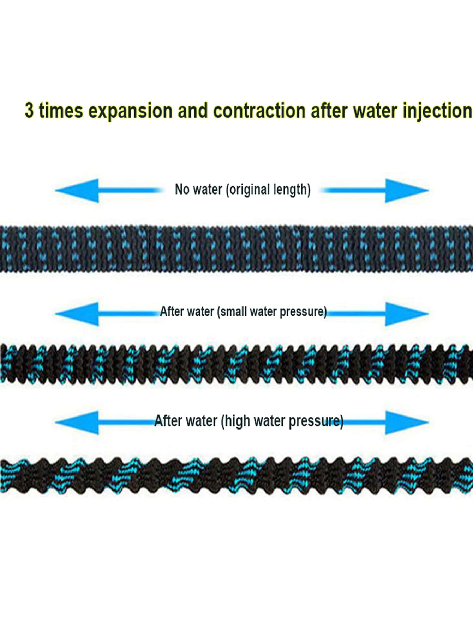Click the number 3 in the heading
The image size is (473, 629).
29,110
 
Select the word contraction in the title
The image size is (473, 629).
259,110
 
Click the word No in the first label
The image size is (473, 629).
182,189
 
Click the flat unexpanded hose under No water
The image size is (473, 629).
236,249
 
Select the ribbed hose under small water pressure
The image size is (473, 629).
236,364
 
